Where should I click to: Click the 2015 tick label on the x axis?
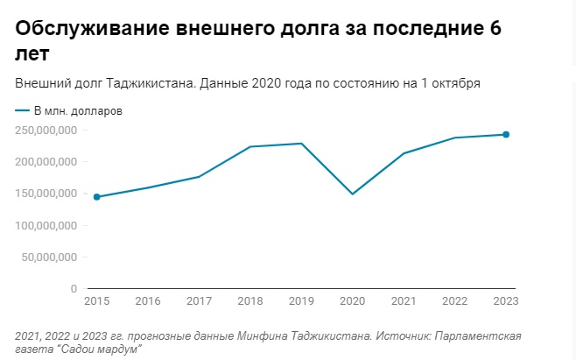(96, 301)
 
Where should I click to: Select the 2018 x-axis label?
(250, 301)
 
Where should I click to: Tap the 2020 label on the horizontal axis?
(353, 301)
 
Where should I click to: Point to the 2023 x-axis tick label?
(506, 301)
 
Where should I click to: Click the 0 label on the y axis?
(74, 288)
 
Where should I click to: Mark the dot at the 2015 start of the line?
(96, 197)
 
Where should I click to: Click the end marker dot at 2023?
(506, 135)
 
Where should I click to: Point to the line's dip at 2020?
(353, 194)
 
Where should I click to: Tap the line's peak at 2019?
(302, 144)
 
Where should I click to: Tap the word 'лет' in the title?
(32, 54)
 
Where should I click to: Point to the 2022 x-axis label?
(455, 301)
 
